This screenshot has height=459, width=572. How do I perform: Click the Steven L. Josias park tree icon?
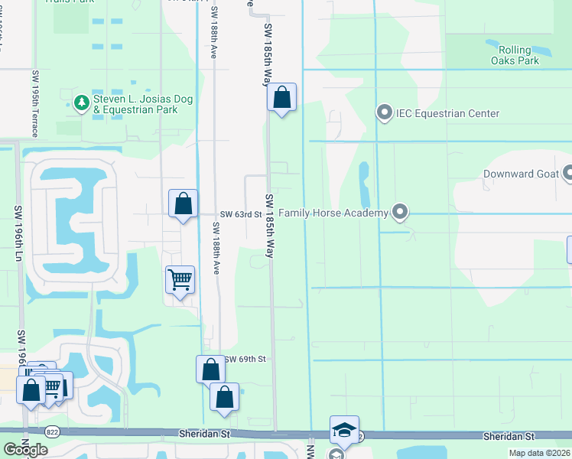tap(81, 102)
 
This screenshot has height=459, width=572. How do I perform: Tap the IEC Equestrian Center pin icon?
tap(385, 113)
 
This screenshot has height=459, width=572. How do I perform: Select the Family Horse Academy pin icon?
tap(398, 212)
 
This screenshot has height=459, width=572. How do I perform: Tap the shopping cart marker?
tap(180, 280)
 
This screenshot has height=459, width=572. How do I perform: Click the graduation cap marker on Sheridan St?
tap(344, 430)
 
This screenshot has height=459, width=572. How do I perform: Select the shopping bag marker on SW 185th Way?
tap(281, 97)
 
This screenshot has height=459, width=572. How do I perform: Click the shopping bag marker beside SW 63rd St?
tap(183, 204)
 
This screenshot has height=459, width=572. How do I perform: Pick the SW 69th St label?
tap(245, 359)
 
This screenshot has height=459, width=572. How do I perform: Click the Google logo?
tap(25, 450)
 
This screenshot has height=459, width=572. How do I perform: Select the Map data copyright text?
tap(540, 453)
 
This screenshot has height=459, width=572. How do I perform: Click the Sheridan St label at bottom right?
tap(509, 435)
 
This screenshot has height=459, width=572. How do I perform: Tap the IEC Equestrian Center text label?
tap(447, 114)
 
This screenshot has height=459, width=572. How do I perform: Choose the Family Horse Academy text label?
tap(333, 213)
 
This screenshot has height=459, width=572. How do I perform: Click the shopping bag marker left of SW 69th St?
tap(210, 369)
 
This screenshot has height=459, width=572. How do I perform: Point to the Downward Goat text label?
tap(520, 174)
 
